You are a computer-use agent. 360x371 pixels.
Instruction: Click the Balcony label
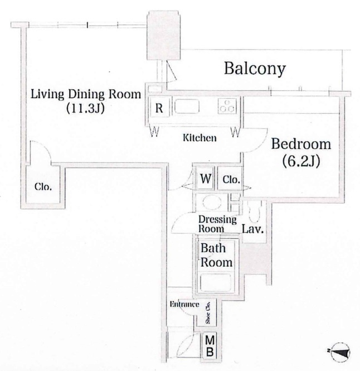(255, 69)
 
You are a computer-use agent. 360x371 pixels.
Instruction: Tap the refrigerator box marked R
(159, 108)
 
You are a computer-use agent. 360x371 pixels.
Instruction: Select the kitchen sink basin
(187, 107)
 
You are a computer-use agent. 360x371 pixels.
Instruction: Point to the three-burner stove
(227, 106)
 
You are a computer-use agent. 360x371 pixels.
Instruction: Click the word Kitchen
(200, 137)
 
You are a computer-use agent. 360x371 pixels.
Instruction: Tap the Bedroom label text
(301, 144)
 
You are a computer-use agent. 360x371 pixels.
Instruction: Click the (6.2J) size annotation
(301, 161)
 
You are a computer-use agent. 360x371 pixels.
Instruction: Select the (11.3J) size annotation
(85, 108)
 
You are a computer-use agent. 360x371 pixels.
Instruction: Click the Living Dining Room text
(86, 94)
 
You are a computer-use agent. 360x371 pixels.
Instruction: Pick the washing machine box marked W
(206, 179)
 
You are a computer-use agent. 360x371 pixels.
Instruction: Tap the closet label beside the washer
(231, 180)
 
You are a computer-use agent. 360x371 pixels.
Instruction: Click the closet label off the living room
(43, 187)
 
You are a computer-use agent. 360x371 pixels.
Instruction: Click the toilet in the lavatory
(254, 211)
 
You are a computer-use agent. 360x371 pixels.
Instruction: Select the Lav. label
(252, 229)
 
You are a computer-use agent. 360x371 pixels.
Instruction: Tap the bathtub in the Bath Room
(215, 282)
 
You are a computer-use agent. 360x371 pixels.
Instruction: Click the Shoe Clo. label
(208, 312)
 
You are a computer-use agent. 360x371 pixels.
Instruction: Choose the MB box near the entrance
(210, 346)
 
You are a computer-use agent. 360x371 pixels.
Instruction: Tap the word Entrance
(184, 304)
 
